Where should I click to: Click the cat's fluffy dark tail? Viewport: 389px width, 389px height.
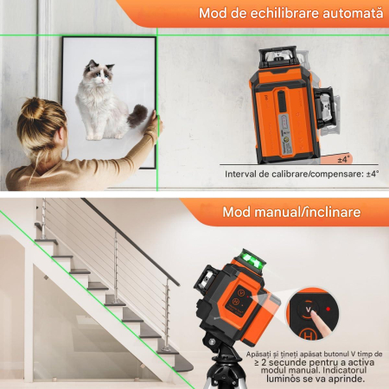click(137, 115)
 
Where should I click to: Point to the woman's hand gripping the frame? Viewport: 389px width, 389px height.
click(152, 126)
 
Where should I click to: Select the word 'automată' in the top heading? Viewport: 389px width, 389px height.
click(346, 14)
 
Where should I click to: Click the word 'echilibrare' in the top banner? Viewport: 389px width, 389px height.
click(277, 14)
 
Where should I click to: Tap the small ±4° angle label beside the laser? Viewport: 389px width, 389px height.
click(342, 159)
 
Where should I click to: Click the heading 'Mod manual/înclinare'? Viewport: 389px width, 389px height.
click(291, 212)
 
